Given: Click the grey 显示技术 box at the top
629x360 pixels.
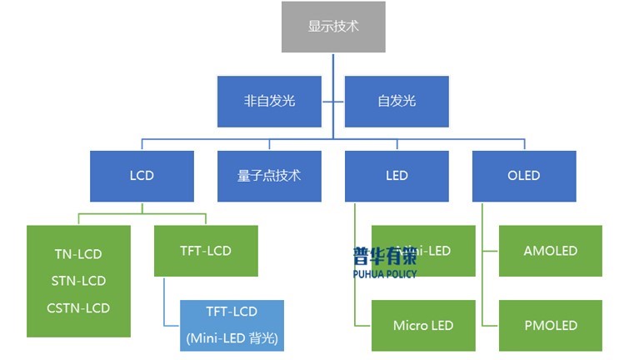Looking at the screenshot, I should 333,26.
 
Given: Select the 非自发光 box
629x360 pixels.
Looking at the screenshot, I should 269,102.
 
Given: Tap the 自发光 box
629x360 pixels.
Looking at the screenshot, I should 397,102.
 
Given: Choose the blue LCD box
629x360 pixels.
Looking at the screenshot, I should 142,176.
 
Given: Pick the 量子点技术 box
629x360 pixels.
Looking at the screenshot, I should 269,176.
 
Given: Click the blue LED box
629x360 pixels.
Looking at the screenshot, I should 397,176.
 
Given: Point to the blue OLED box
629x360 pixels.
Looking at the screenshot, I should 523,176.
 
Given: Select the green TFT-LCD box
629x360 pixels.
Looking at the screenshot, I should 206,251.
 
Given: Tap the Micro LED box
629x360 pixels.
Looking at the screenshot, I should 423,325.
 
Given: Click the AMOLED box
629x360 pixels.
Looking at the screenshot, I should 550,251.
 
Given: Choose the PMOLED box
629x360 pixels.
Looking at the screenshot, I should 550,325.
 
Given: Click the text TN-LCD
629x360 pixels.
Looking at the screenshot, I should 77,254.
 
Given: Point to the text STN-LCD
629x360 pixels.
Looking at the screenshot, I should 77,281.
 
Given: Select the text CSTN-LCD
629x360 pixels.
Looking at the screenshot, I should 77,307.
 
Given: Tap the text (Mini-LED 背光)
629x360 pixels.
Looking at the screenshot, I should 232,338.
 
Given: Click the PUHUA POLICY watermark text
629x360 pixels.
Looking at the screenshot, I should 384,273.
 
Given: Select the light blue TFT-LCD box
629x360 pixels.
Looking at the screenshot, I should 232,325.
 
